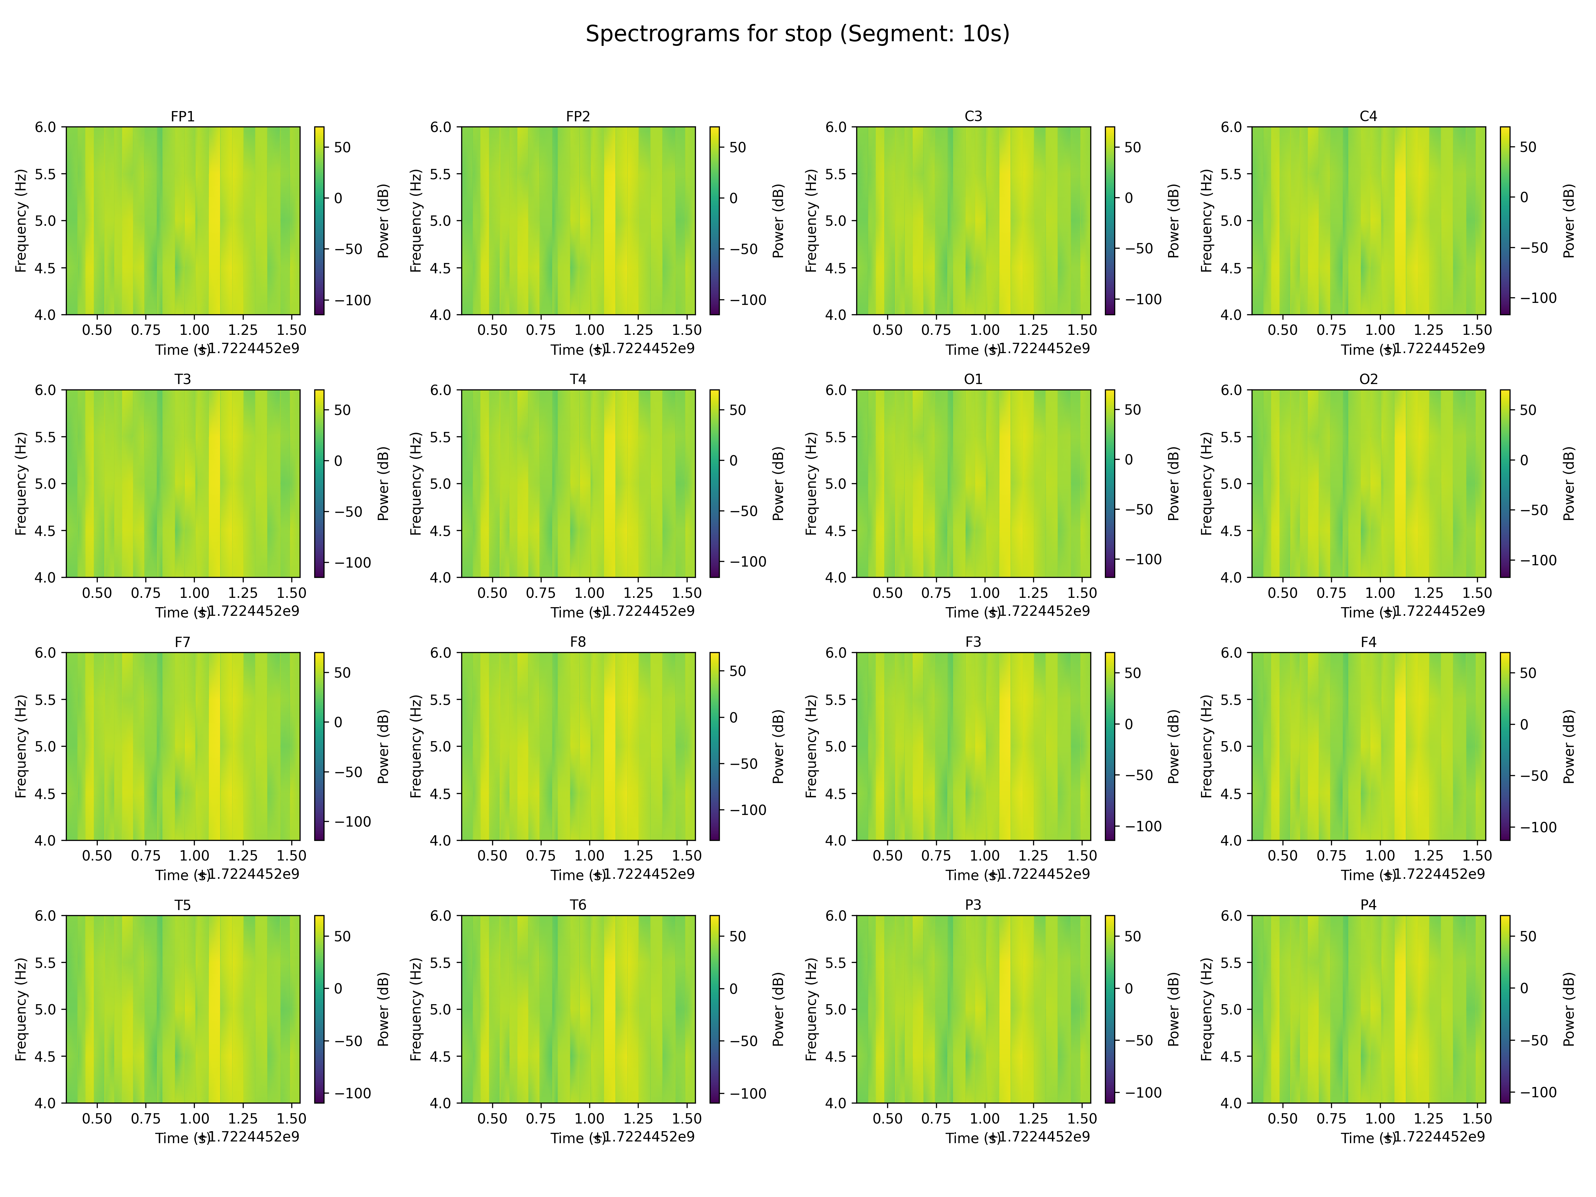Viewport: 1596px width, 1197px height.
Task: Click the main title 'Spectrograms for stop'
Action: (797, 34)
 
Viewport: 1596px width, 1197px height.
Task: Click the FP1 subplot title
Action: (183, 116)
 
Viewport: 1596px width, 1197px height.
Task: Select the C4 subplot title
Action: (1368, 116)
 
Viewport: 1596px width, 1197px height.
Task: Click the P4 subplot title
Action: (1368, 905)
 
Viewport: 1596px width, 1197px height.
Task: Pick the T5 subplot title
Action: (183, 905)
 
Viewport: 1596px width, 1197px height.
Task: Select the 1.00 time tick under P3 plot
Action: (984, 1118)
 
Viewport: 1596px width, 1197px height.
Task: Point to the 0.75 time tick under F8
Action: (540, 856)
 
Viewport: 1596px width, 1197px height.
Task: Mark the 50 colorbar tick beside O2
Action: (1528, 410)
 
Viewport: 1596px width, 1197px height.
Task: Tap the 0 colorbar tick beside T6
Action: (733, 989)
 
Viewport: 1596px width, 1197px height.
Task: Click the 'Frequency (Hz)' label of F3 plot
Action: (811, 746)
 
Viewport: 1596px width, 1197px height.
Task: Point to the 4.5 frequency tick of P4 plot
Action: (1231, 1056)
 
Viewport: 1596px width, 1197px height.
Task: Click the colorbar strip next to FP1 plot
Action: (319, 221)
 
